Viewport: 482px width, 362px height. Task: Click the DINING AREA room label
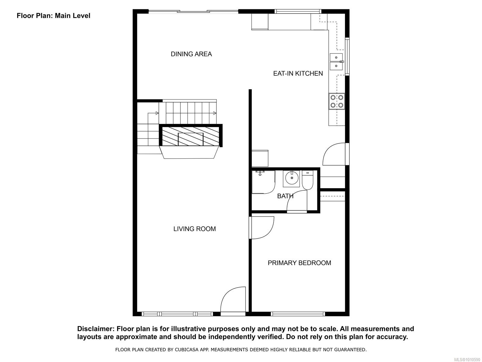191,54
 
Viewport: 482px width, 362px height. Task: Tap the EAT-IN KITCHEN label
298,73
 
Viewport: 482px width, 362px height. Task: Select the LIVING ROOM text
195,229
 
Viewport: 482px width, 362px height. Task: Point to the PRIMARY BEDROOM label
299,263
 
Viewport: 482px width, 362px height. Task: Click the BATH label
285,196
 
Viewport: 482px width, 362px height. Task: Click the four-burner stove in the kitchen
337,101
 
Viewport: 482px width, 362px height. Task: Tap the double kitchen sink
336,62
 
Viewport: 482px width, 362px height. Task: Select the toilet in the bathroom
308,180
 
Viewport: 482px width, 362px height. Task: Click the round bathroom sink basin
292,178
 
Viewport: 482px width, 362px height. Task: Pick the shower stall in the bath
263,182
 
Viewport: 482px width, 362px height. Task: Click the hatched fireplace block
191,136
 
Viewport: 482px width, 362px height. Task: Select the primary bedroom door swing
261,228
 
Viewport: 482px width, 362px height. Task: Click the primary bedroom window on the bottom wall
298,314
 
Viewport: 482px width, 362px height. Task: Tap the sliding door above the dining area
193,12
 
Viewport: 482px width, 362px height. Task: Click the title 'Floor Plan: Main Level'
54,16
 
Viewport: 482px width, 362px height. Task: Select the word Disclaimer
95,329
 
